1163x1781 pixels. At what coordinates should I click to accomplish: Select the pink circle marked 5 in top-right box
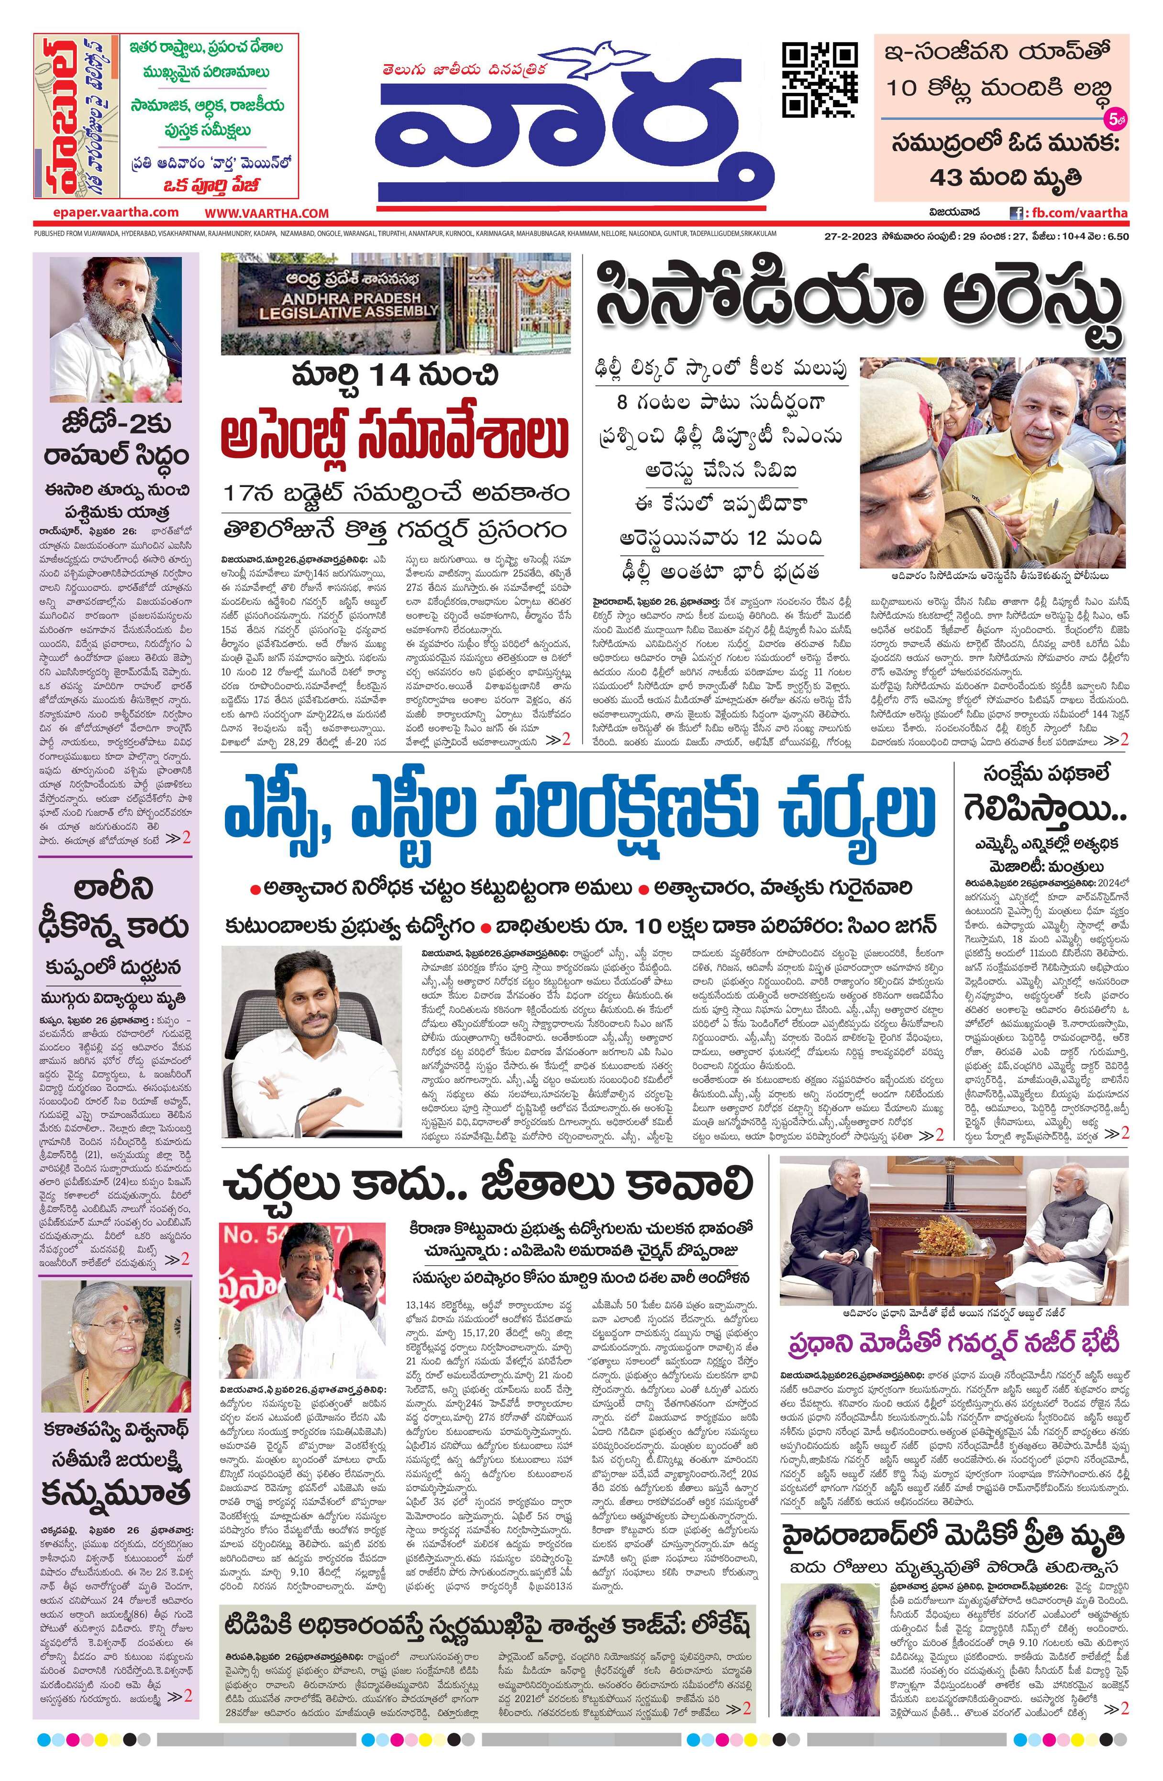[x=1114, y=118]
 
